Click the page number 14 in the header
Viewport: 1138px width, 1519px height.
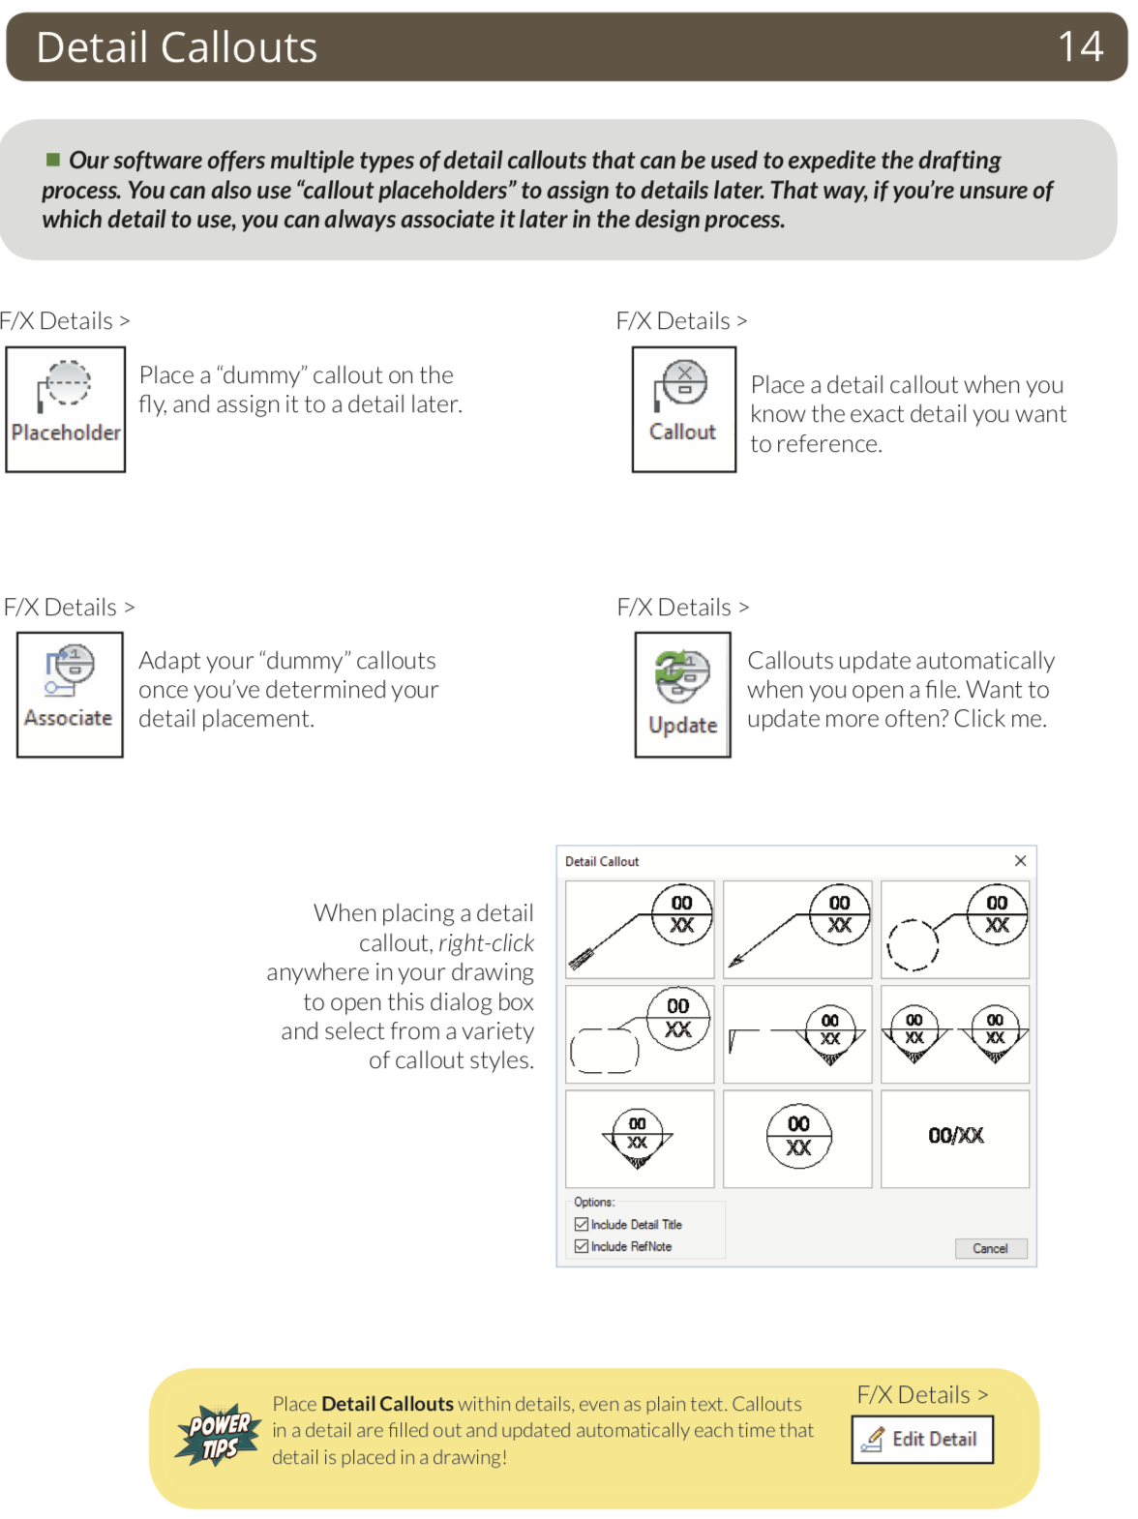(1080, 46)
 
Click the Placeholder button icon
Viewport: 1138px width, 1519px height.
(66, 408)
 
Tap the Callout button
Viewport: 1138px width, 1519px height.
(683, 408)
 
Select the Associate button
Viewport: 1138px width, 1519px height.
(70, 694)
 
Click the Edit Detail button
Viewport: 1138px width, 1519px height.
(922, 1439)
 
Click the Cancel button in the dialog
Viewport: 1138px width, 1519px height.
(990, 1248)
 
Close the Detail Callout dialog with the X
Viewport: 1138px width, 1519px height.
(1020, 860)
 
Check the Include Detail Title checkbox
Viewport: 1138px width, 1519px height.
(582, 1224)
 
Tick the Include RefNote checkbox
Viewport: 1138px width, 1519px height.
(582, 1246)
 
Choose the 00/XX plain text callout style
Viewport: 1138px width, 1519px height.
(955, 1137)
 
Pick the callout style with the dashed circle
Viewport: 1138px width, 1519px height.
(955, 929)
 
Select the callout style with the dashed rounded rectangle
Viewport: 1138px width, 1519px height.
(640, 1033)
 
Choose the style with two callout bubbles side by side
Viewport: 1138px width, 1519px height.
(955, 1033)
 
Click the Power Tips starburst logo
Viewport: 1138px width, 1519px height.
(219, 1435)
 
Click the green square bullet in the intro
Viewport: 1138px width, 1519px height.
(53, 159)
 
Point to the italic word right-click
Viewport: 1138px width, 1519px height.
(486, 942)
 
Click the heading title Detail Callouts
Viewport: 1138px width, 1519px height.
(177, 46)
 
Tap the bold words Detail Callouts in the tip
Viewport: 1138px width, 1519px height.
(387, 1403)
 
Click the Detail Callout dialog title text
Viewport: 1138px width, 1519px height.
(602, 861)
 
